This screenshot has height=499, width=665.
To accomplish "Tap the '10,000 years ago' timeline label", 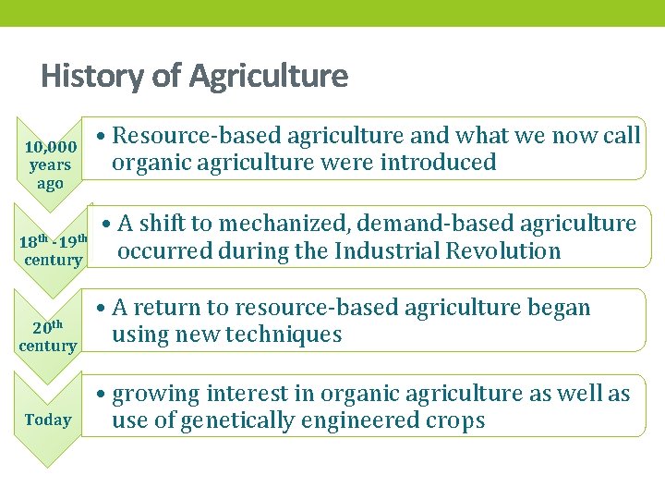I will tap(50, 165).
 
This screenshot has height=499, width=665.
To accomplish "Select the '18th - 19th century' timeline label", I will tap(54, 250).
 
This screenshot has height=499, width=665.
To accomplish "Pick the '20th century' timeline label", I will tap(48, 336).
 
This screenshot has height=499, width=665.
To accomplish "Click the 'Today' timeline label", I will tap(48, 420).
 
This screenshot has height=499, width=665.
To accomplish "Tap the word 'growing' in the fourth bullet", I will tap(153, 395).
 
